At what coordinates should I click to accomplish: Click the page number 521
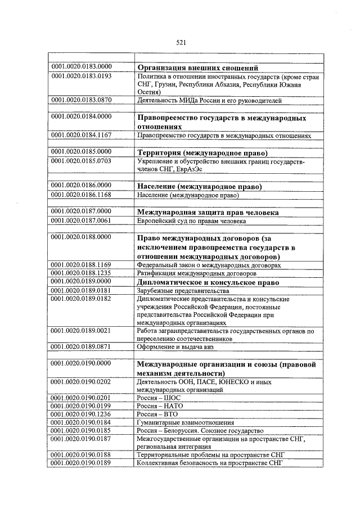(181, 43)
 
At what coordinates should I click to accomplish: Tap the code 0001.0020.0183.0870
(82, 100)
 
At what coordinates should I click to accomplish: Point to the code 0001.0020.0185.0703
(82, 161)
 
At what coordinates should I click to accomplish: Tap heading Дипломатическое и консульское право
(209, 281)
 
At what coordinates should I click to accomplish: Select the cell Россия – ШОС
(151, 398)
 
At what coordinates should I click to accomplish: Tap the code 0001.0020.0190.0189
(82, 463)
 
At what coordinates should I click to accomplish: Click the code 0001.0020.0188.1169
(82, 264)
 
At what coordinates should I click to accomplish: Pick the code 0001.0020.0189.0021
(82, 332)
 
